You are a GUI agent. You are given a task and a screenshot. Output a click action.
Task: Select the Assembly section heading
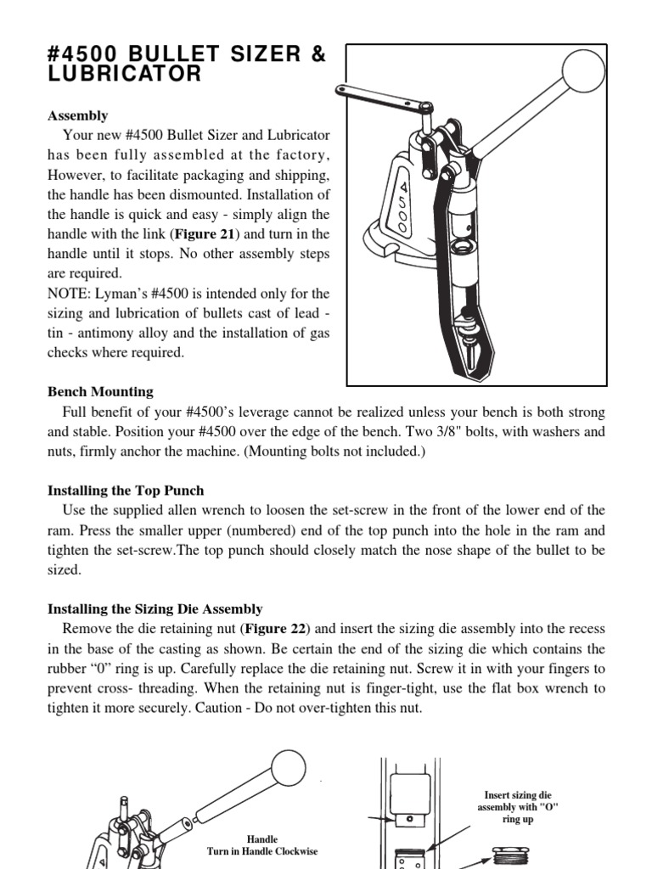click(x=77, y=115)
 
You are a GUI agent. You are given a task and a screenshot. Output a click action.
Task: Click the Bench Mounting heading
click(x=99, y=391)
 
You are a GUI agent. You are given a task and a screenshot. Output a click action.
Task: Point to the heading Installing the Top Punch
click(x=125, y=491)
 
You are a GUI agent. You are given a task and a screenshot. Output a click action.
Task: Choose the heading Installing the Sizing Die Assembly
click(x=154, y=608)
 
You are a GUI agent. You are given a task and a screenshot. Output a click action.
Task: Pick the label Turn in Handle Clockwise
click(x=262, y=850)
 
